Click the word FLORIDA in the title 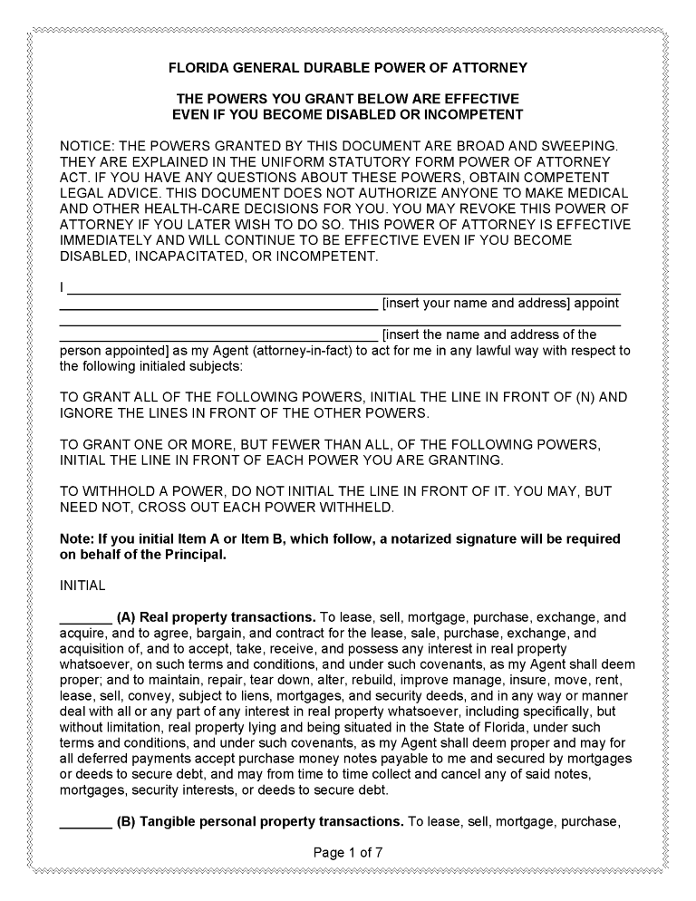(201, 68)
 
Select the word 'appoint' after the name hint (598, 304)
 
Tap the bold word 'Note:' (76, 539)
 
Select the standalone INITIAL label (82, 586)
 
